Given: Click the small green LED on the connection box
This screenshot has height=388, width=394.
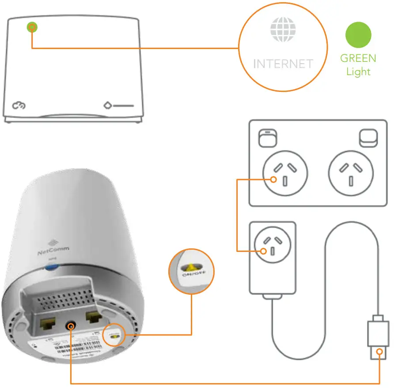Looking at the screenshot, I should pyautogui.click(x=32, y=27).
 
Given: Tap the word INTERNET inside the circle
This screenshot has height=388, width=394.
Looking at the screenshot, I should pyautogui.click(x=283, y=64).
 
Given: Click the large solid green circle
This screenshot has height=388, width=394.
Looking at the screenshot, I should pyautogui.click(x=358, y=34).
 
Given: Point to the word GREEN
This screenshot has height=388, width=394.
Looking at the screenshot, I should pyautogui.click(x=358, y=58).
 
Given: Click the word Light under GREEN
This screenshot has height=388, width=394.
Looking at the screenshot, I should pyautogui.click(x=358, y=72).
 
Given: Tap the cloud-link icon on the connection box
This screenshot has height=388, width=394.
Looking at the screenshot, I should pyautogui.click(x=19, y=106).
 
